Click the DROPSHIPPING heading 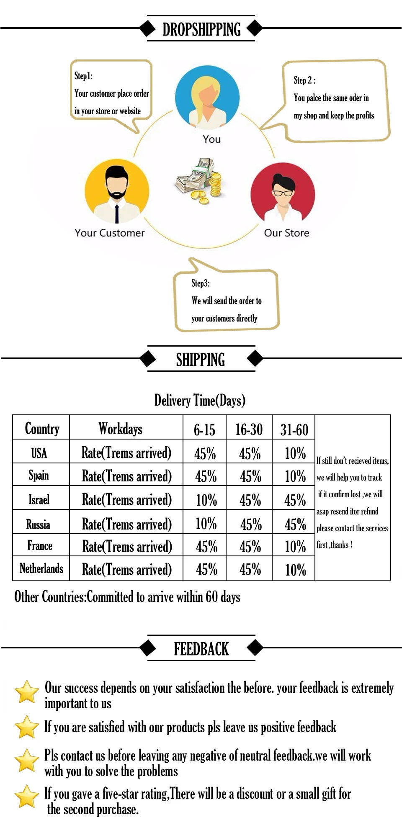coord(201,29)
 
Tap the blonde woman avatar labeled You coord(207,98)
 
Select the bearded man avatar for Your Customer coord(117,191)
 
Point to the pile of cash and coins coord(199,181)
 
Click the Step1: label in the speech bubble coord(83,76)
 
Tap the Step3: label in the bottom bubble coord(200,283)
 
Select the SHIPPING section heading coord(201,360)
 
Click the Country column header coord(42,428)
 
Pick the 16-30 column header coord(249,429)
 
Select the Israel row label coord(39,499)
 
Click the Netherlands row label coord(41,568)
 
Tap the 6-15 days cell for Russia coord(206,524)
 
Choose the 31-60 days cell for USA coord(295,453)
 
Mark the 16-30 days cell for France coord(250,546)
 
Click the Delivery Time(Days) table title coord(200,400)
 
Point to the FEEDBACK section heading coord(201,649)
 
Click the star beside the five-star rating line coord(27,796)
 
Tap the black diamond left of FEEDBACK coord(147,648)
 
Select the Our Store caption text coord(286,233)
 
